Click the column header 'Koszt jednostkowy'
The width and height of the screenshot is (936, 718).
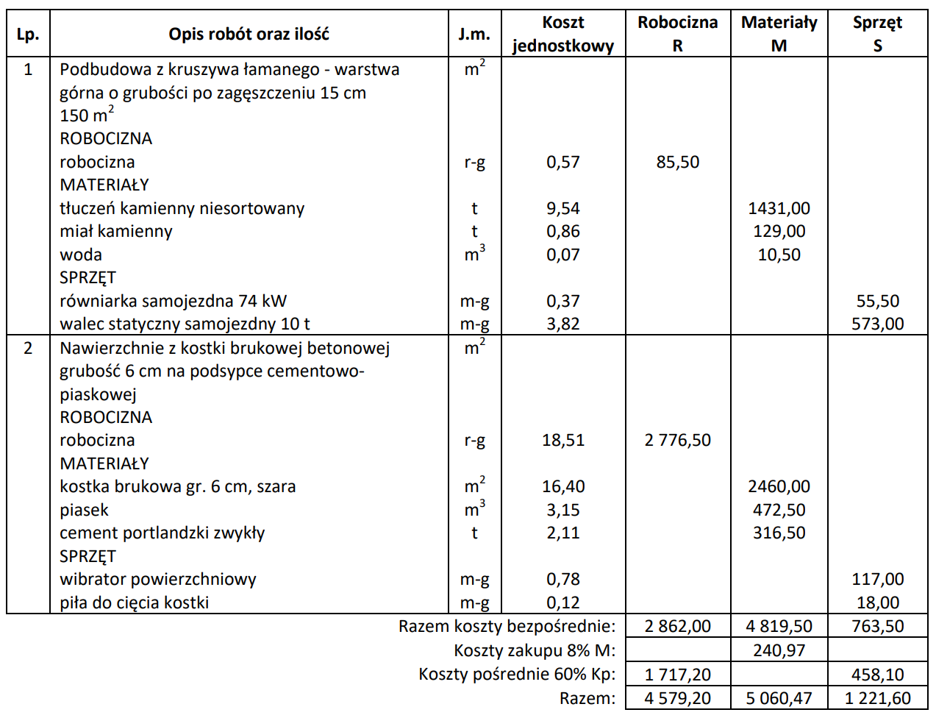563,34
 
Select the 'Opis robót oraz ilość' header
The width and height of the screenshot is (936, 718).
249,34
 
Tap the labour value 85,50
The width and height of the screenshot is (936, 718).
677,162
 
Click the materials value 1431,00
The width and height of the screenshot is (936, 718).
779,208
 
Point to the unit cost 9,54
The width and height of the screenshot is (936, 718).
563,208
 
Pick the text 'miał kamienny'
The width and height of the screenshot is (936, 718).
116,231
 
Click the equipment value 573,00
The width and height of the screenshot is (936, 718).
877,324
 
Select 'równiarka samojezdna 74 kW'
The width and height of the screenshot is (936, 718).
173,301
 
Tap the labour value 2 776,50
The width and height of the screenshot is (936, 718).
677,440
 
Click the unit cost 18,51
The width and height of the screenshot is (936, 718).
563,440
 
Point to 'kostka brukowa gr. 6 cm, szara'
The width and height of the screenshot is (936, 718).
177,486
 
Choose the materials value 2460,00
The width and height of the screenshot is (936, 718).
779,486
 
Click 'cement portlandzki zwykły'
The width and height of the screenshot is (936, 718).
162,533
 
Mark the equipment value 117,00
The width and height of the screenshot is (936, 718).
877,579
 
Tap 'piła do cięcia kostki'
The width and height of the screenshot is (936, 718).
134,603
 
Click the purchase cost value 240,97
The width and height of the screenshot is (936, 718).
779,650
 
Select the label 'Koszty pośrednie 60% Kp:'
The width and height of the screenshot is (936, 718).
517,674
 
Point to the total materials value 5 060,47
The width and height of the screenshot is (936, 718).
779,698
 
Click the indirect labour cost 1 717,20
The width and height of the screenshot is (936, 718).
677,674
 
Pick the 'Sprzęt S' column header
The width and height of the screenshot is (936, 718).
877,34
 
